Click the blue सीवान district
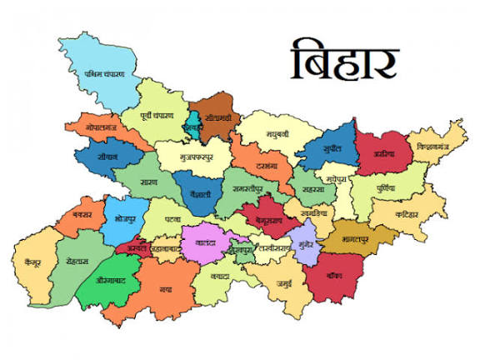(107, 155)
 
